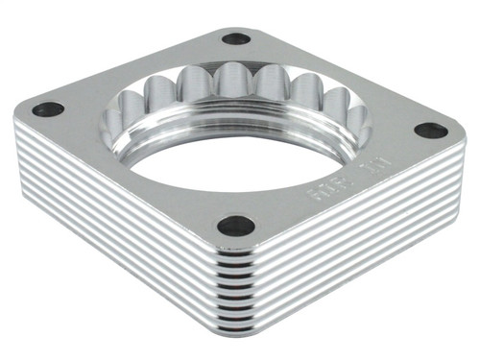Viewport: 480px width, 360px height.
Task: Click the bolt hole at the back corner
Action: pos(235,39)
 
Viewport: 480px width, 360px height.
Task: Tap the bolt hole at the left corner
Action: pos(47,108)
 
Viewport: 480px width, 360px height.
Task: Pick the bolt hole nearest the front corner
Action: pos(236,226)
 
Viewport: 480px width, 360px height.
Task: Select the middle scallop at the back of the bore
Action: pos(231,82)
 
